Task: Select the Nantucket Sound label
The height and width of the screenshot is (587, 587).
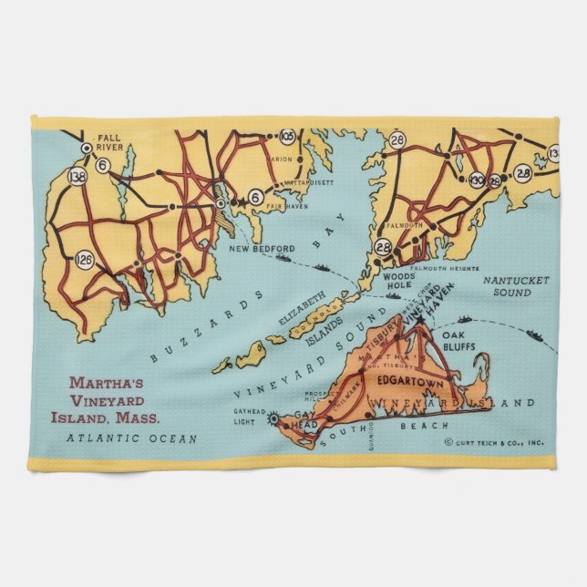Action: pyautogui.click(x=516, y=286)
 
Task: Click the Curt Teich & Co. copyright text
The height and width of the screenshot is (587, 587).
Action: pyautogui.click(x=495, y=442)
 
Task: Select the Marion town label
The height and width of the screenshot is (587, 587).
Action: pyautogui.click(x=281, y=159)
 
